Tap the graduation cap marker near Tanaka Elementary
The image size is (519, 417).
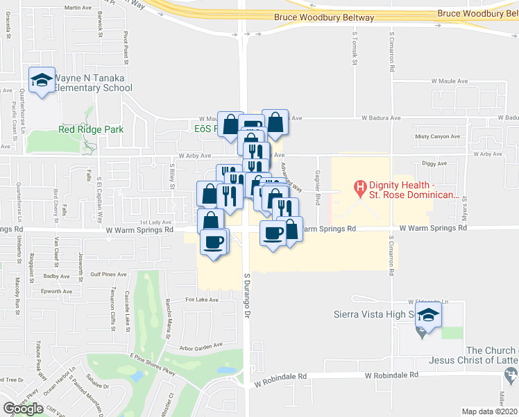(42, 81)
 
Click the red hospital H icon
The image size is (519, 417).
(360, 186)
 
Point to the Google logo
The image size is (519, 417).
(23, 409)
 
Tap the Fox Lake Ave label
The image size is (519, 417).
(202, 300)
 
